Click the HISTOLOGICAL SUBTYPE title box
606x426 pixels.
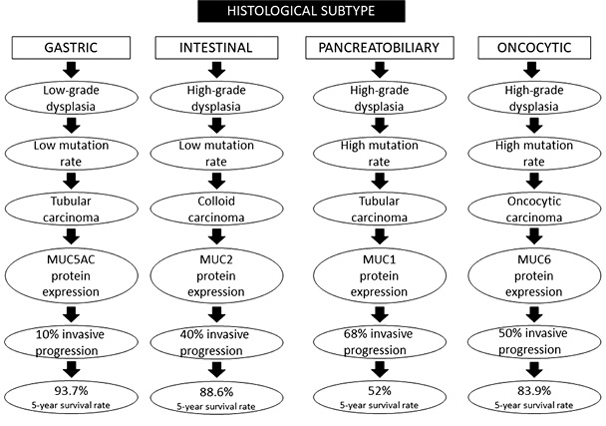pyautogui.click(x=301, y=11)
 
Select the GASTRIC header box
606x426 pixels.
pyautogui.click(x=71, y=48)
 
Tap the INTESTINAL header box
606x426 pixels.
pyautogui.click(x=216, y=48)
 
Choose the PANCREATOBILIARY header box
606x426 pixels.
pyautogui.click(x=380, y=48)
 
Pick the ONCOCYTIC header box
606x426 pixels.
pyautogui.click(x=534, y=48)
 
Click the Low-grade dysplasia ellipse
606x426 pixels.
pyautogui.click(x=71, y=98)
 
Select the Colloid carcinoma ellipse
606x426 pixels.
pyautogui.click(x=216, y=209)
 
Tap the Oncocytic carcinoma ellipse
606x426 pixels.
pyautogui.click(x=534, y=209)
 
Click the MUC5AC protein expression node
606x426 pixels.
pyautogui.click(x=71, y=275)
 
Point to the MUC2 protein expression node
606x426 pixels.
pyautogui.click(x=216, y=275)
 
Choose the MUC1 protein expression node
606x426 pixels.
pyautogui.click(x=380, y=275)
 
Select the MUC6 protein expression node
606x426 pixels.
pyautogui.click(x=534, y=275)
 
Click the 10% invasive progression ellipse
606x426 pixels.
pyautogui.click(x=71, y=342)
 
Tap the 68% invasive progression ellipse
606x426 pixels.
pyautogui.click(x=380, y=342)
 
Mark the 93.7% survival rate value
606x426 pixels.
pyautogui.click(x=71, y=391)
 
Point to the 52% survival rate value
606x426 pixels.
pyautogui.click(x=380, y=391)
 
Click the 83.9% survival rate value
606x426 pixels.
pyautogui.click(x=534, y=391)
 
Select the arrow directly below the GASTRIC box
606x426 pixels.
pyautogui.click(x=71, y=70)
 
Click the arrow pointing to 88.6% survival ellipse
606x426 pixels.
pyautogui.click(x=216, y=370)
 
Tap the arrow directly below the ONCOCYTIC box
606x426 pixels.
pyautogui.click(x=534, y=70)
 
